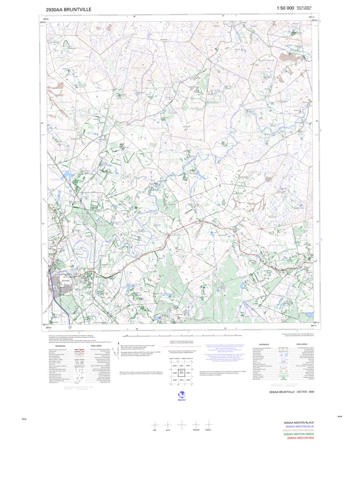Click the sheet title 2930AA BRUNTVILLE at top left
(69, 9)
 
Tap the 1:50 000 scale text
(286, 8)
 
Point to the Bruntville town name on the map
(61, 280)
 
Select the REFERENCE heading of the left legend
(61, 346)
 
